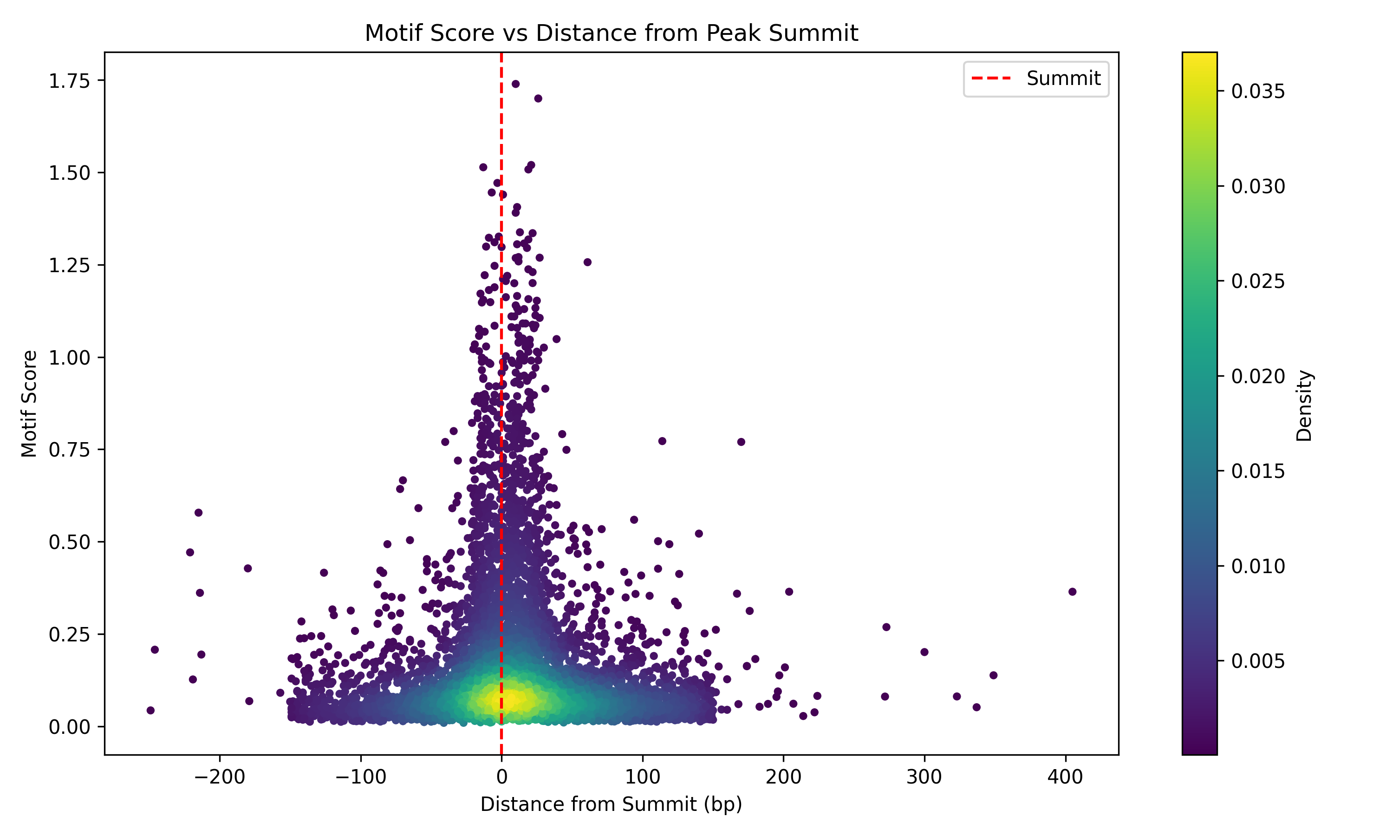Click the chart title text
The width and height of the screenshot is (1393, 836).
coord(611,33)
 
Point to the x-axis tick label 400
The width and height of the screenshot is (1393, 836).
coord(1065,777)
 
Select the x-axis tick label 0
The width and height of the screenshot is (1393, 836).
coord(501,777)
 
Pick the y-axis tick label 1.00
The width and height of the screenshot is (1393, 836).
coord(69,358)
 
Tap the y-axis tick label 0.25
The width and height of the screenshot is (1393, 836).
coord(69,635)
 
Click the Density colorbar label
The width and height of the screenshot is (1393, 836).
coord(1304,405)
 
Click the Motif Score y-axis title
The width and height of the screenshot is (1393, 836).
coord(29,403)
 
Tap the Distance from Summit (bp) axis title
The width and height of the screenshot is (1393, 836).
coord(611,804)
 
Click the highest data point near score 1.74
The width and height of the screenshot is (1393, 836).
coord(515,84)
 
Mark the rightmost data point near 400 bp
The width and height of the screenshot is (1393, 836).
coord(1072,592)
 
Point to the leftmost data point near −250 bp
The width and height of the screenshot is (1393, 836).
coord(150,711)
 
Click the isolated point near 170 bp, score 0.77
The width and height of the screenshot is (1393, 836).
coord(741,442)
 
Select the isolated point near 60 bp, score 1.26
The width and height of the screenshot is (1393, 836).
coord(587,262)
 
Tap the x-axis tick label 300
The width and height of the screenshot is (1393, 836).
coord(924,777)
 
